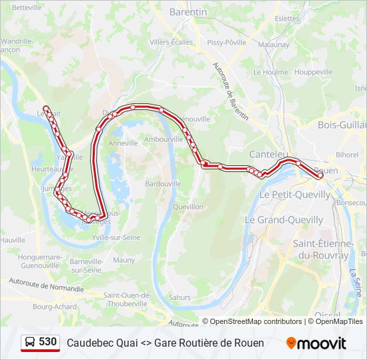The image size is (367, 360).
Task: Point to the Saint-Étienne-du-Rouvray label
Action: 322,249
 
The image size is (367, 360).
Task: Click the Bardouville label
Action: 163,183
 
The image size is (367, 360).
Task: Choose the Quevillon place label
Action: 188,207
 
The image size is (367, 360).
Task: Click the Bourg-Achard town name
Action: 52,307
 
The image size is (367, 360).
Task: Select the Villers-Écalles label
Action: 171,43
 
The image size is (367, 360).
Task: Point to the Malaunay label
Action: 274,45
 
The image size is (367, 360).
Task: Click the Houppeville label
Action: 313,72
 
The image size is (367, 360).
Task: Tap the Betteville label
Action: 27,7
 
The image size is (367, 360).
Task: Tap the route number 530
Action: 48,342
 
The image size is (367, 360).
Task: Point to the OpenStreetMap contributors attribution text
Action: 252,321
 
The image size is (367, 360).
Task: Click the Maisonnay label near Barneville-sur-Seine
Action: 123,260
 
